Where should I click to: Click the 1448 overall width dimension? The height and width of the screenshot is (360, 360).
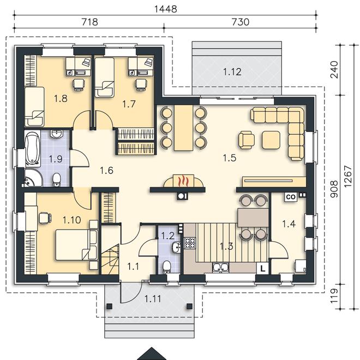(165, 9)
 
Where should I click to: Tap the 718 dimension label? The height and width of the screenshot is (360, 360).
(90, 22)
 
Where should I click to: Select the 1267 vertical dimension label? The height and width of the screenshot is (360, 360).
(348, 176)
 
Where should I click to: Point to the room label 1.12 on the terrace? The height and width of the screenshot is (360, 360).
(232, 72)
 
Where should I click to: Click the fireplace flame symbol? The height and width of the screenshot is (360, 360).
(183, 181)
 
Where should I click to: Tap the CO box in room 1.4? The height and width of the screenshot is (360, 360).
(291, 197)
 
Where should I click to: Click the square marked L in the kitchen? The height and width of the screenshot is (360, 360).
(263, 268)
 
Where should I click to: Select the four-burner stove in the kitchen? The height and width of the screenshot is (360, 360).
(190, 243)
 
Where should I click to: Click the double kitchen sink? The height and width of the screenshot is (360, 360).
(220, 267)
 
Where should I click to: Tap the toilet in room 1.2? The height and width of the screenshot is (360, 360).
(166, 267)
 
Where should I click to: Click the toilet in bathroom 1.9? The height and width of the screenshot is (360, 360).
(57, 180)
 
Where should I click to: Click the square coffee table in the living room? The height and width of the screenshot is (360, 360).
(271, 140)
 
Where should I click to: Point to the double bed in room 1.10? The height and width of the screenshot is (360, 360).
(77, 245)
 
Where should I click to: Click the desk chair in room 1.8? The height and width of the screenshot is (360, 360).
(79, 84)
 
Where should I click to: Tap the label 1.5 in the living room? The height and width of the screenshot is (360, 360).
(230, 158)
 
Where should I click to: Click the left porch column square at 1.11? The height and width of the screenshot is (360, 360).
(109, 306)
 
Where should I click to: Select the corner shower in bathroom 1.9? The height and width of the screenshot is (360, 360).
(32, 178)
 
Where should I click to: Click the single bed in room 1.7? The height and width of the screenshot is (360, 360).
(105, 77)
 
